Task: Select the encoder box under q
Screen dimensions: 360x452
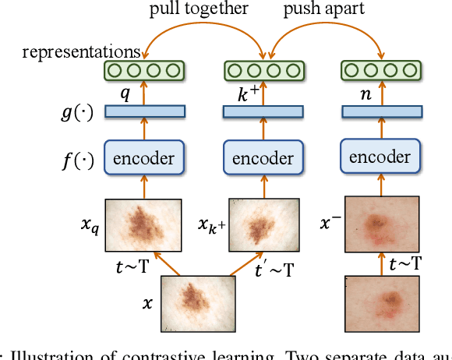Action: [143, 159]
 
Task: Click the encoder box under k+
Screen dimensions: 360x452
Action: [260, 159]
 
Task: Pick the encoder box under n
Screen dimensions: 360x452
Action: [380, 157]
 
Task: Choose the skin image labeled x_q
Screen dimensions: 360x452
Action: [143, 222]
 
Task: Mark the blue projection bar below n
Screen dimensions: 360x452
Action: [380, 111]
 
